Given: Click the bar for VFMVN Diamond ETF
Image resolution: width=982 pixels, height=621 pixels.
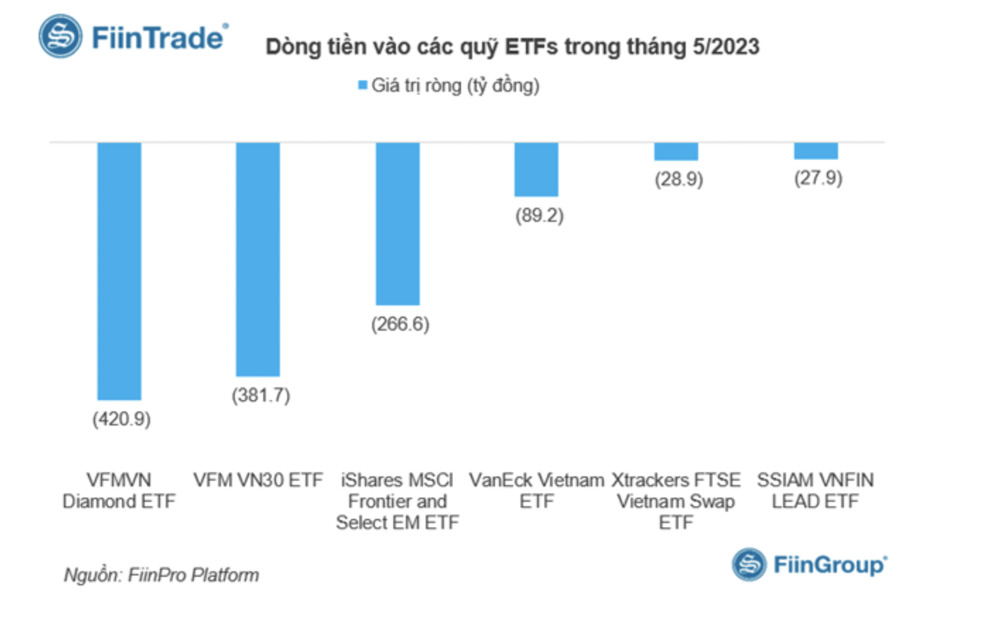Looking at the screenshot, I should pos(119,271).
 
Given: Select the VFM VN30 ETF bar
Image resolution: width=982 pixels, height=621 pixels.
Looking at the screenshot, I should pos(258,259).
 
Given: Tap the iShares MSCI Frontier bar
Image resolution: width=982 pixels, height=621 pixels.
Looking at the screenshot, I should pos(397,224).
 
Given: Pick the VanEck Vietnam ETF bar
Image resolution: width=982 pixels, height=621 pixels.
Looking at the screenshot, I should pos(537,169).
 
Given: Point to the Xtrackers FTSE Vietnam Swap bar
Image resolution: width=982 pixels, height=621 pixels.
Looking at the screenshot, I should pos(676,151).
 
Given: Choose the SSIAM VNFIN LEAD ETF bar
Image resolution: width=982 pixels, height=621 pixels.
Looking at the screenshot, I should pos(816,151).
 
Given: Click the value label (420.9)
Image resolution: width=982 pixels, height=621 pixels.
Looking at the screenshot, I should pos(121,419).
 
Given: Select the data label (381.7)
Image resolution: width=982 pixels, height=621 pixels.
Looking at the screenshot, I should pos(261,395).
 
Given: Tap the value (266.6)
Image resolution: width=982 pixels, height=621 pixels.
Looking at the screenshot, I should pos(400,324).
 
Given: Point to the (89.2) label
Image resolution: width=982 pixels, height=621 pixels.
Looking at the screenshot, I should pos(540,215).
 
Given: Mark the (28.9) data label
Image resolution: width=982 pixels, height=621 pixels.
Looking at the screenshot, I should pos(679,179).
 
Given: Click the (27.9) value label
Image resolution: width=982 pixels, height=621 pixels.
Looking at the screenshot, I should pos(818,178).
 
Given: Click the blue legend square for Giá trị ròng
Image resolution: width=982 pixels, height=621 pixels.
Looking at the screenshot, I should pos(362,85).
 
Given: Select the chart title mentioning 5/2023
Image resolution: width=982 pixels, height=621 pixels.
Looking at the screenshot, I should pos(512,47).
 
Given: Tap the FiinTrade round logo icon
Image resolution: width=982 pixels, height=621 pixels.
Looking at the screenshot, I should pos(60,36).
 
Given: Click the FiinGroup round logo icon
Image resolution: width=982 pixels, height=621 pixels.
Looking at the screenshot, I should pos(749,564).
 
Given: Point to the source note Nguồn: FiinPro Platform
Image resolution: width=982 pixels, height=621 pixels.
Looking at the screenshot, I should pos(161,575).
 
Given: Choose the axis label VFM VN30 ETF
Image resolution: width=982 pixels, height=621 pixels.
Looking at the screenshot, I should pos(258,480).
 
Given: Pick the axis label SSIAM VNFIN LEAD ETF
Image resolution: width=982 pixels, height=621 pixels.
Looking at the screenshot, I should pos(815,491).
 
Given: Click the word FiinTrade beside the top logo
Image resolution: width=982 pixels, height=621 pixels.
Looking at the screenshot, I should pos(158,38).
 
